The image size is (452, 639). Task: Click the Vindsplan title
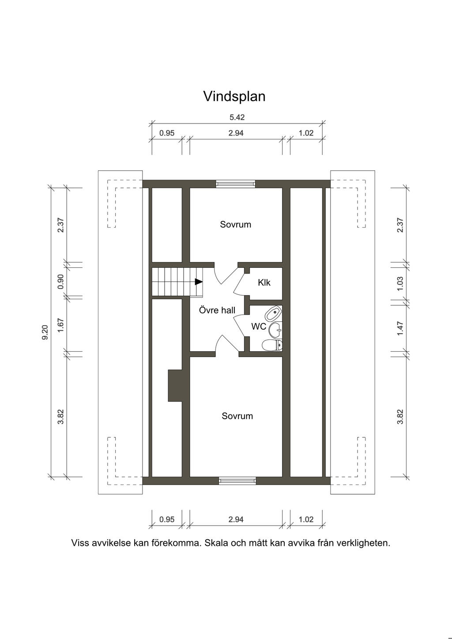(x=234, y=96)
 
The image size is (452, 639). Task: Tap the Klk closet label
(x=264, y=283)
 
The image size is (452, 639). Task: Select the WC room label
(x=259, y=327)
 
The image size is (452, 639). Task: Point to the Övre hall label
(x=217, y=310)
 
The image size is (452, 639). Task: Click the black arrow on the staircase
(x=199, y=282)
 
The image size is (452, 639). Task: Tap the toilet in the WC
(x=272, y=345)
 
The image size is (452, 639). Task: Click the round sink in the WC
(x=275, y=330)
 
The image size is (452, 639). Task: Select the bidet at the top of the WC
(x=273, y=314)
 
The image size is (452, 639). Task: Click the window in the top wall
(x=235, y=184)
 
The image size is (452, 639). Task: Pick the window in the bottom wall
(x=237, y=481)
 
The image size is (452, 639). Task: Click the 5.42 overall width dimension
(x=237, y=117)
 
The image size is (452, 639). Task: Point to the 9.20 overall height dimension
(x=45, y=332)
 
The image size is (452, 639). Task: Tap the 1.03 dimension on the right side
(x=400, y=284)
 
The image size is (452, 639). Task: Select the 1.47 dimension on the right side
(x=400, y=329)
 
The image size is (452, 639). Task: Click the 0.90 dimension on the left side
(x=60, y=282)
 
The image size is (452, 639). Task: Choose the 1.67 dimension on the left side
(x=60, y=325)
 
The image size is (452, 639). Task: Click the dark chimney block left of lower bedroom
(x=175, y=386)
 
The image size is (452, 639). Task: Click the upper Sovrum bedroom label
(x=235, y=225)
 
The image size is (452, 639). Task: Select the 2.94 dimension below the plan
(x=236, y=519)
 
